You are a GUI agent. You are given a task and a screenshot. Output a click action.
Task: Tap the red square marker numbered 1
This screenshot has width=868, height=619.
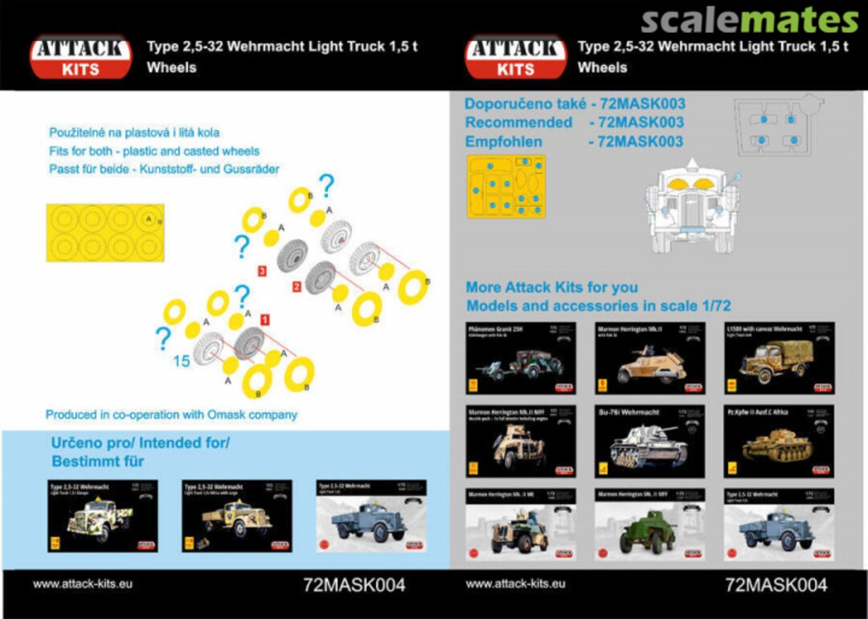264,320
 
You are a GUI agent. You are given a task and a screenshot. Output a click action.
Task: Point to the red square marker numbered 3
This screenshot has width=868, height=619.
262,273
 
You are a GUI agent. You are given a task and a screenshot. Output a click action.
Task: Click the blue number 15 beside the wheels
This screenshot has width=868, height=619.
181,362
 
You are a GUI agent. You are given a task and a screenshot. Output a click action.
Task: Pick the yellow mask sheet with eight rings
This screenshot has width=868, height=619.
104,233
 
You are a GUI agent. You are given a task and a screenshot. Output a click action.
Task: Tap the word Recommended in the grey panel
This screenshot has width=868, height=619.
518,122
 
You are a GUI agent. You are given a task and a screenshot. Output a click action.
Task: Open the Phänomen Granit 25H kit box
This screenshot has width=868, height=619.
521,358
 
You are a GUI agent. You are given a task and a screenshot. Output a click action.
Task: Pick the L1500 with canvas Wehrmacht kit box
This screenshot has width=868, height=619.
778,358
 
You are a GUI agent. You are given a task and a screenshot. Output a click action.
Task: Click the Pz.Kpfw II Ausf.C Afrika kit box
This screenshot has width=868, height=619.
778,441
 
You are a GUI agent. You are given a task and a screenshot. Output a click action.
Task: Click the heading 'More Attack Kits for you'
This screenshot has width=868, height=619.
552,287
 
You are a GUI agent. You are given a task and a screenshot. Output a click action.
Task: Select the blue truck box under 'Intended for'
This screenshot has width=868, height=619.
371,515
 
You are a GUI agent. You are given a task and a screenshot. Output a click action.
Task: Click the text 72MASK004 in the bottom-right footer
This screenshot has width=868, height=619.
776,584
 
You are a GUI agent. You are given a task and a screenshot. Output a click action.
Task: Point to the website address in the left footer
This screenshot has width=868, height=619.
82,584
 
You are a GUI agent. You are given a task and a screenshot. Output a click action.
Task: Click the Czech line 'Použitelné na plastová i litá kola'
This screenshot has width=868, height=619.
134,132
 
